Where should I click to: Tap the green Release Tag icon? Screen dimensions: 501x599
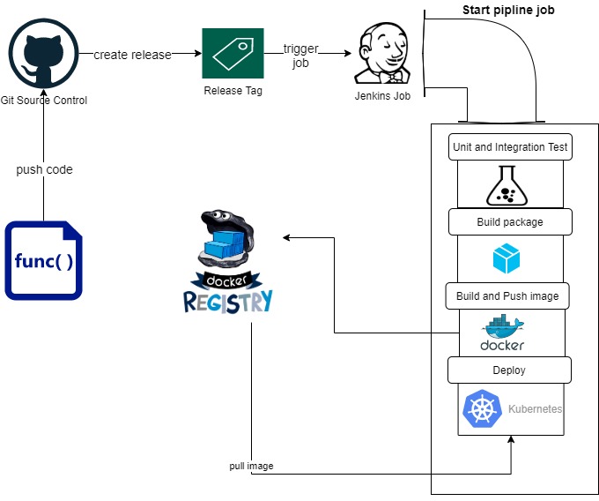pyautogui.click(x=233, y=54)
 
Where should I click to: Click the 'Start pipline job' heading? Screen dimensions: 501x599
pyautogui.click(x=508, y=11)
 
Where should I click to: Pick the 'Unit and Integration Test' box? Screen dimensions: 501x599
pyautogui.click(x=510, y=147)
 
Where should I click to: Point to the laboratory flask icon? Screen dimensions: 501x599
pyautogui.click(x=506, y=184)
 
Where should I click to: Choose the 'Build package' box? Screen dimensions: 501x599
pyautogui.click(x=510, y=222)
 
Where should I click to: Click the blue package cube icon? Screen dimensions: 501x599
pyautogui.click(x=507, y=258)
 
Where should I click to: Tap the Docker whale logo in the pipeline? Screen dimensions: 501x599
pyautogui.click(x=503, y=333)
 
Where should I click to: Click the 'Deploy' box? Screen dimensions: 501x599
pyautogui.click(x=510, y=370)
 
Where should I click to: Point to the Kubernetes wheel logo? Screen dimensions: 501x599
pyautogui.click(x=483, y=409)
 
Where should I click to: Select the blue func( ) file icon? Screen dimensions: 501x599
pyautogui.click(x=43, y=260)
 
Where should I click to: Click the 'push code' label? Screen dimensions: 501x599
pyautogui.click(x=44, y=168)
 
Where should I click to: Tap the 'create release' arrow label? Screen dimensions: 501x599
pyautogui.click(x=132, y=55)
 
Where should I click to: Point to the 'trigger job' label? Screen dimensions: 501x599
pyautogui.click(x=300, y=55)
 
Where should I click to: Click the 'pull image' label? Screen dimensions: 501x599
pyautogui.click(x=251, y=466)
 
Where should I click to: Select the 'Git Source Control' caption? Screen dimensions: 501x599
pyautogui.click(x=44, y=100)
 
